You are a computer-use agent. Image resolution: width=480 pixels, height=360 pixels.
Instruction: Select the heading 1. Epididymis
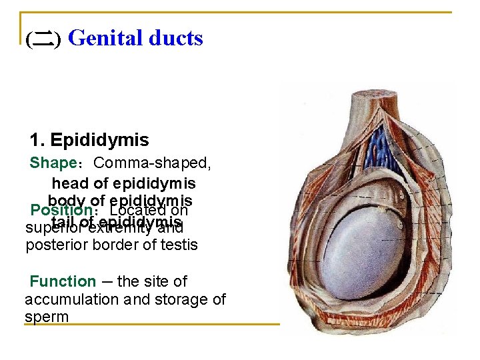coord(89,140)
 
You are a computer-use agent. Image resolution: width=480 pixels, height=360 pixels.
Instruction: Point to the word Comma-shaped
coord(152,163)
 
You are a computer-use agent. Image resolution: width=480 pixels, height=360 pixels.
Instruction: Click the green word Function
coord(63,281)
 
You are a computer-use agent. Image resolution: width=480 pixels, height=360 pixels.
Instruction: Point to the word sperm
coord(47,317)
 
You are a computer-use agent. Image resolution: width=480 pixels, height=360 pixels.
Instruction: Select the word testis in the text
coord(181,245)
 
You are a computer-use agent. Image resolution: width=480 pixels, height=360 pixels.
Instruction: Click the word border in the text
coord(125,245)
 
